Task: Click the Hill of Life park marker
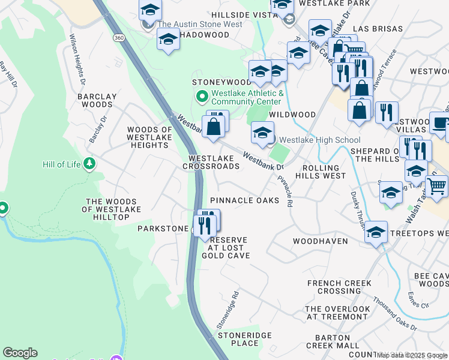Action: coord(89,164)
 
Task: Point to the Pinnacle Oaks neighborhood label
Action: coord(244,200)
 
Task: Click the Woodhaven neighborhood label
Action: coord(320,241)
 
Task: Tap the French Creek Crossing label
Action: coord(339,287)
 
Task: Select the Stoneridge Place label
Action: coord(244,339)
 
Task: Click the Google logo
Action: coord(20,353)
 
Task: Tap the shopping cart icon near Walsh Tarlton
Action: coord(436,185)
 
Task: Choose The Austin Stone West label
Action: coord(200,25)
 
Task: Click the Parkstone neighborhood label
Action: coord(163,229)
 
